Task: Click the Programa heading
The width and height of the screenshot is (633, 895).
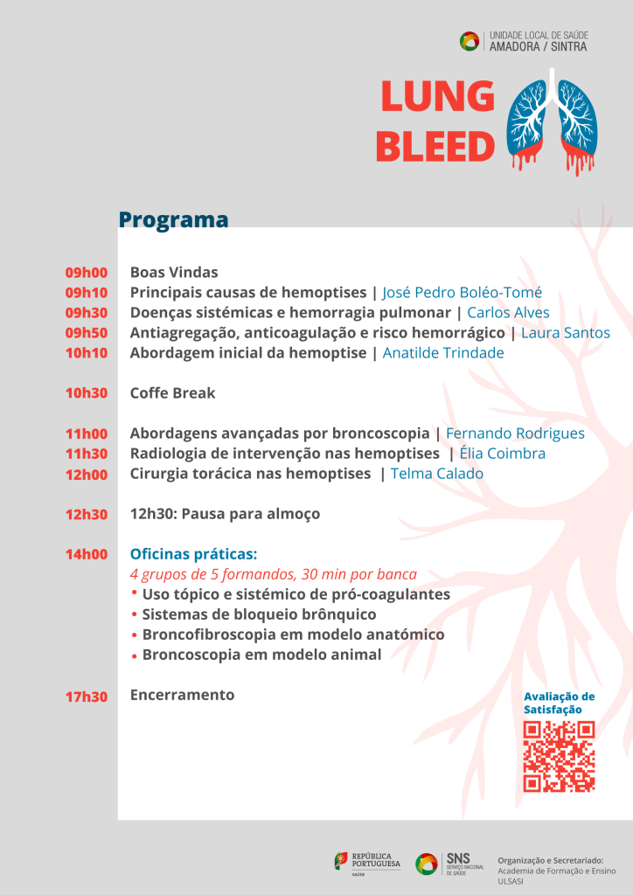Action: tap(173, 219)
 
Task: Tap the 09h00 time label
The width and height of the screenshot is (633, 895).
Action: tap(86, 273)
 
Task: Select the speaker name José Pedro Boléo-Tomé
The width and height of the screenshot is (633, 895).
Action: tap(462, 293)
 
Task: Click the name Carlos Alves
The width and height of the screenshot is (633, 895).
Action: tap(508, 313)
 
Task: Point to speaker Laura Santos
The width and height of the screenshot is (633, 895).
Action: tap(565, 333)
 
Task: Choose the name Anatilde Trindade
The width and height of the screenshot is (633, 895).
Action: tap(442, 353)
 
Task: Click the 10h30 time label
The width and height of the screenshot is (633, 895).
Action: tap(86, 393)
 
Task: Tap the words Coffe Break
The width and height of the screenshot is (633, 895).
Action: tap(172, 393)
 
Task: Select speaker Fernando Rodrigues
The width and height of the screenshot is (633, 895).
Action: tap(515, 434)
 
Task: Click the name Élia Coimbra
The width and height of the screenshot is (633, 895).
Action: tap(502, 454)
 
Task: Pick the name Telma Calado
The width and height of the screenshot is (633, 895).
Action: tap(436, 474)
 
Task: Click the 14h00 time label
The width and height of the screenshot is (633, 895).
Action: tap(86, 554)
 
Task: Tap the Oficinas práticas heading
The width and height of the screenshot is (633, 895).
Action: tap(193, 554)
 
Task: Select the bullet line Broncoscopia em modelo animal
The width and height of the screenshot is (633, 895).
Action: tap(261, 655)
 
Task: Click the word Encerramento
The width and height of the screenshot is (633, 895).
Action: tap(182, 695)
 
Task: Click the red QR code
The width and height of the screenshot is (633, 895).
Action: tap(559, 756)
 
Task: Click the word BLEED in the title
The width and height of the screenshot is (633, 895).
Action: tap(435, 147)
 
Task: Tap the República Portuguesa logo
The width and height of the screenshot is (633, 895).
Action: tap(367, 863)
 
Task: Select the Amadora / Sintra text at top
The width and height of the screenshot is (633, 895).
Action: tap(538, 46)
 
